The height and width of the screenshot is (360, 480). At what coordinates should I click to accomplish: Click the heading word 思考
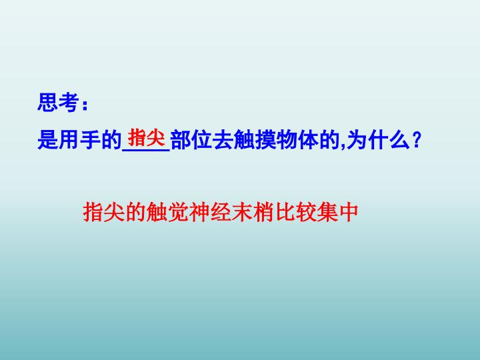(x=58, y=104)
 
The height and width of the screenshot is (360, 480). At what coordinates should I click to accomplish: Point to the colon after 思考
(x=84, y=105)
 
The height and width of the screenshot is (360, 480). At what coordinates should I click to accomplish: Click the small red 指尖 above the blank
(x=146, y=138)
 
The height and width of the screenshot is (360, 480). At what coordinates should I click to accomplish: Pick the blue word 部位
(x=190, y=141)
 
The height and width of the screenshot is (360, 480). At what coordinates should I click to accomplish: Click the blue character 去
(x=220, y=141)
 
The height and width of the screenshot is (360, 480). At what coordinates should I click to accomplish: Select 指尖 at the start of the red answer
(x=103, y=213)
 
